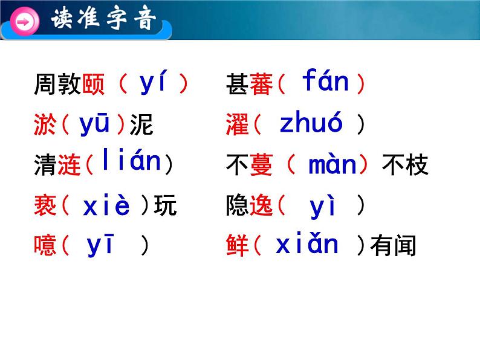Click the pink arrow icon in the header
point(24,22)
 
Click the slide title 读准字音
point(103,18)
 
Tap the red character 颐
point(93,84)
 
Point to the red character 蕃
point(261,84)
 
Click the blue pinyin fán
point(325,80)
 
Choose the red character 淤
point(45,124)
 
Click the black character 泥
point(141,124)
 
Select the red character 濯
point(237,124)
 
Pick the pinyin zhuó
point(311,121)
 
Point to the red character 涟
point(69,164)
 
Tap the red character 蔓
point(261,164)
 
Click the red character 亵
point(45,205)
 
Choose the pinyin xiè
point(106,204)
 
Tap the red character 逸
point(261,205)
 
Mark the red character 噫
point(45,245)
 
